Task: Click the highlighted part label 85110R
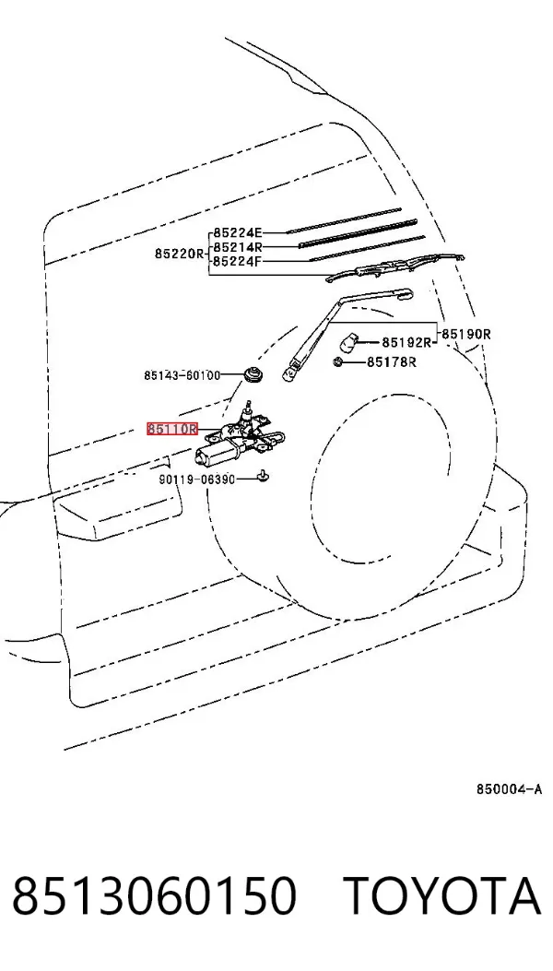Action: click(172, 429)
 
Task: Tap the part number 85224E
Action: click(238, 233)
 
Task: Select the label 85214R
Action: click(238, 247)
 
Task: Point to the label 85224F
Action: click(238, 261)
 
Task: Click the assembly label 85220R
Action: click(180, 254)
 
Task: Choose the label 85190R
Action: click(466, 335)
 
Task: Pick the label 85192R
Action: click(406, 342)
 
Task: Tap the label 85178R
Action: click(392, 361)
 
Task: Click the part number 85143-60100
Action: click(182, 375)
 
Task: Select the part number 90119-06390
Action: click(197, 479)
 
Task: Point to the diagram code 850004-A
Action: click(509, 789)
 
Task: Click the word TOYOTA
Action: click(441, 896)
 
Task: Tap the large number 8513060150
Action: click(154, 896)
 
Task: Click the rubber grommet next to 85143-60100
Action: click(253, 373)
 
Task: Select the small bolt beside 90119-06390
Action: click(263, 476)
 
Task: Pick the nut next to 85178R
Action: click(338, 362)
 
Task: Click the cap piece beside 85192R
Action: click(350, 341)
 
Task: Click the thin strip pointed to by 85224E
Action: click(344, 220)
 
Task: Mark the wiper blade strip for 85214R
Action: click(358, 233)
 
